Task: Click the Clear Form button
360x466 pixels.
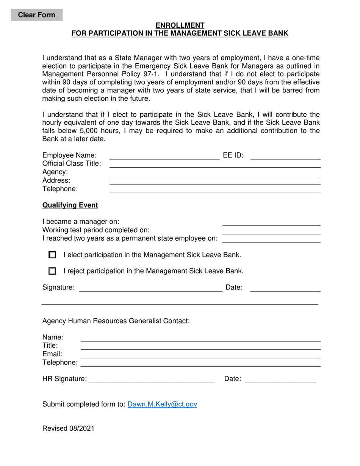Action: point(37,15)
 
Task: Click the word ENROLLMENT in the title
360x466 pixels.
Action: point(180,25)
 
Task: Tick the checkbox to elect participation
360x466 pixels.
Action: point(53,255)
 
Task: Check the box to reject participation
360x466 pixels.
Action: point(53,271)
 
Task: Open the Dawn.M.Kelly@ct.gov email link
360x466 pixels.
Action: point(162,404)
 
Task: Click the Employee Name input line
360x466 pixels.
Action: point(164,156)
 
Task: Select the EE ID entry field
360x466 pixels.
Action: point(285,156)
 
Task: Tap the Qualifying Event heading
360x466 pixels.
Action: point(70,205)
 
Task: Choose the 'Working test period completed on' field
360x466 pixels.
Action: point(271,230)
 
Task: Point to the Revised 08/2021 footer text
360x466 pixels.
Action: point(68,428)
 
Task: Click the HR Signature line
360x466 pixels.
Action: point(151,379)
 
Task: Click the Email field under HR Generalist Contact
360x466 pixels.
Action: point(201,354)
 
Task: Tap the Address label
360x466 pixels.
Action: point(56,180)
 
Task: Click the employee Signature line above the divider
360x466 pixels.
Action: point(150,288)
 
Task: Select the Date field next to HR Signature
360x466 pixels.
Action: point(280,379)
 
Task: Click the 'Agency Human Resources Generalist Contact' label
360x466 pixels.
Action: point(116,321)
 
